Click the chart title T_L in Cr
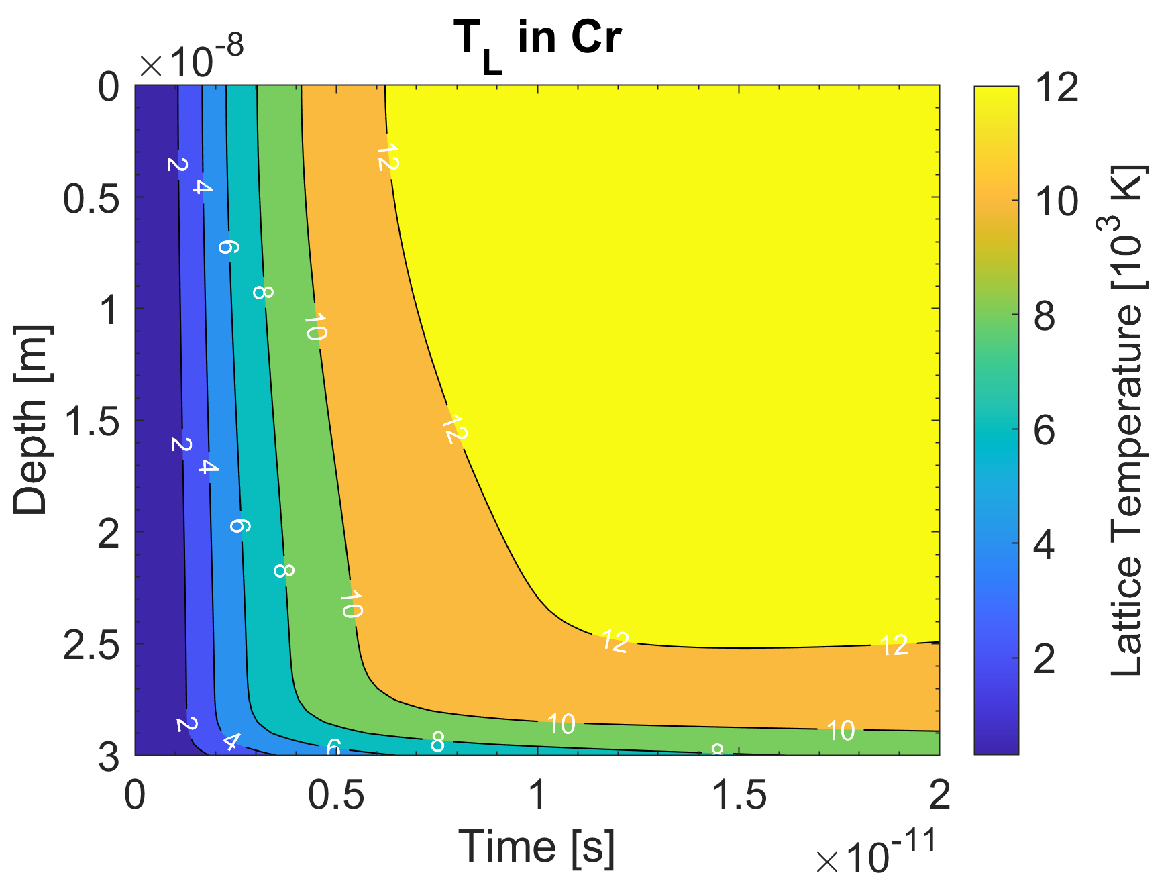pyautogui.click(x=537, y=39)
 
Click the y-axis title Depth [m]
pyautogui.click(x=31, y=420)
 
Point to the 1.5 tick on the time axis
pyautogui.click(x=739, y=795)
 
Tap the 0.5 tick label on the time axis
pyautogui.click(x=335, y=795)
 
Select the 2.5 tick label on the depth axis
pyautogui.click(x=91, y=645)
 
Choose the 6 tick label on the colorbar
pyautogui.click(x=1045, y=430)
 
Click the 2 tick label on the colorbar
pyautogui.click(x=1045, y=659)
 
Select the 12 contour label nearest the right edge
pyautogui.click(x=894, y=645)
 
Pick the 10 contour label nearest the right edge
pyautogui.click(x=840, y=731)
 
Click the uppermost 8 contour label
pyautogui.click(x=262, y=293)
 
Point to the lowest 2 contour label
pyautogui.click(x=187, y=725)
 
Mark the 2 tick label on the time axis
pyautogui.click(x=939, y=795)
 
